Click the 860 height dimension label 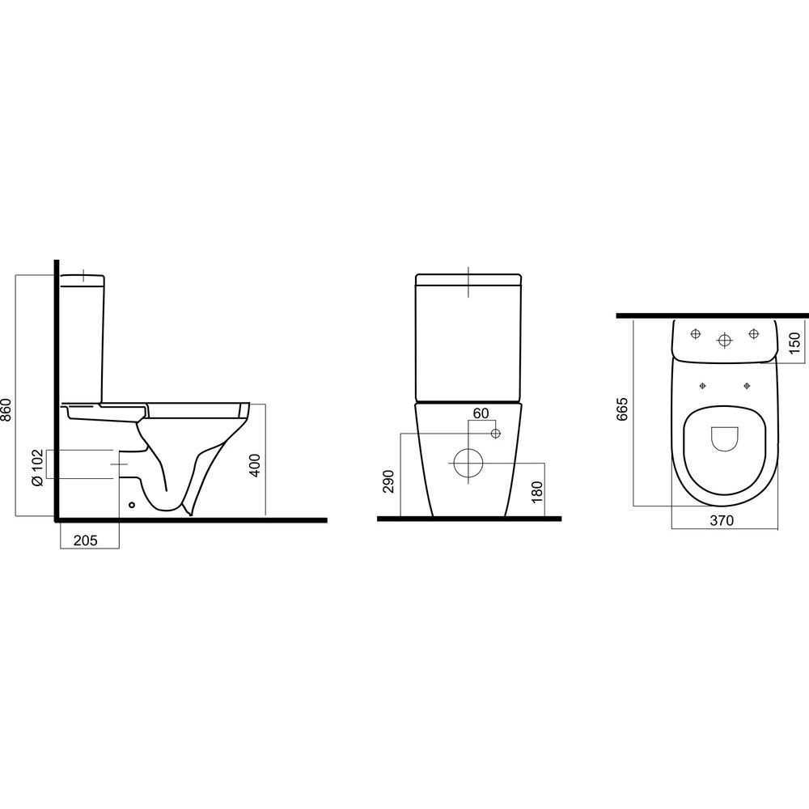pyautogui.click(x=6, y=409)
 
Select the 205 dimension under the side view pyautogui.click(x=86, y=540)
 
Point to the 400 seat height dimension pyautogui.click(x=256, y=465)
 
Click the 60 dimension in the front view pyautogui.click(x=481, y=413)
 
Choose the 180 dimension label pyautogui.click(x=536, y=492)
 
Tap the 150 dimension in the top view pyautogui.click(x=794, y=343)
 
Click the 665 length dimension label pyautogui.click(x=623, y=409)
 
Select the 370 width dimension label pyautogui.click(x=722, y=520)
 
